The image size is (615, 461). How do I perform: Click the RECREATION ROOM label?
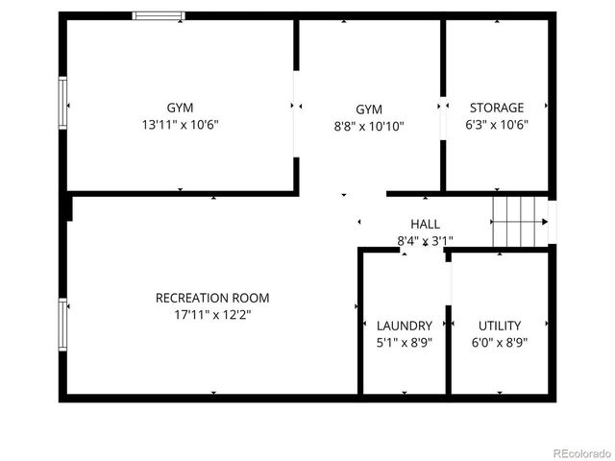tap(212, 298)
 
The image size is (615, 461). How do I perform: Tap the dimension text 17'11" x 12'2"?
tap(212, 314)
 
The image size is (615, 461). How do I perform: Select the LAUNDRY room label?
tap(405, 326)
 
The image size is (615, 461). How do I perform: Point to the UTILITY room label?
tap(500, 326)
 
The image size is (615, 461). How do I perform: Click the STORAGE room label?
tap(497, 108)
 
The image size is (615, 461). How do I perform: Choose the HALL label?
tap(425, 224)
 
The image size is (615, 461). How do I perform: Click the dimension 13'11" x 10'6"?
tap(180, 124)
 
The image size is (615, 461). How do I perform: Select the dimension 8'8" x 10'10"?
tap(368, 126)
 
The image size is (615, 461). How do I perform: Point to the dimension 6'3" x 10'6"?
tap(497, 124)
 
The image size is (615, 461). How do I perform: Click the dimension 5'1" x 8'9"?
tap(405, 342)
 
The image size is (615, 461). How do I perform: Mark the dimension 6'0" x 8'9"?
tap(500, 342)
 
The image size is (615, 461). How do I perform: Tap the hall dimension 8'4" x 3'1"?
tap(425, 240)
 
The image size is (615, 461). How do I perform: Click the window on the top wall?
tap(159, 15)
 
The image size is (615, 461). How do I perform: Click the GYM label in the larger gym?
tap(180, 108)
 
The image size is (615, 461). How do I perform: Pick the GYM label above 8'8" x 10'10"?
tap(368, 109)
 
